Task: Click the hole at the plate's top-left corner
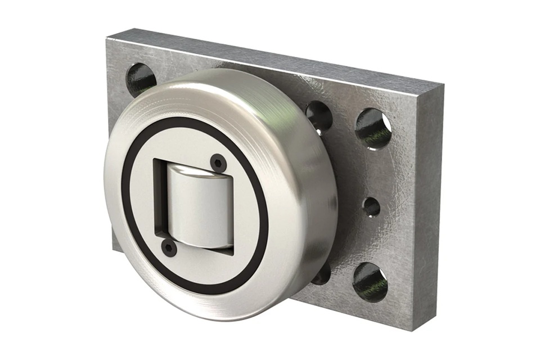pyautogui.click(x=140, y=79)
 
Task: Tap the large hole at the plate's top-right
pyautogui.click(x=373, y=128)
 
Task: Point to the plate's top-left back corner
pyautogui.click(x=107, y=38)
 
